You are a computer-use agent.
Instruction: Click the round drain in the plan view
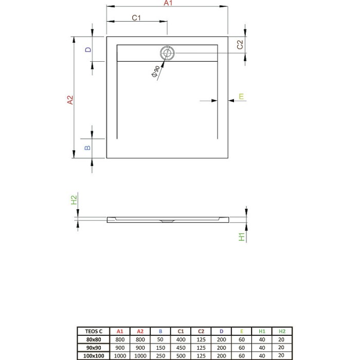167,53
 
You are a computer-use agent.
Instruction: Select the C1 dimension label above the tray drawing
136,17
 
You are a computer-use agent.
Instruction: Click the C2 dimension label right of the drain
240,45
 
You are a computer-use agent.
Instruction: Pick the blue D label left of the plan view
88,49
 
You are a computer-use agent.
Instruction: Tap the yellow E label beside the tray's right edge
241,96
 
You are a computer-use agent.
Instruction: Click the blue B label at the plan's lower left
87,147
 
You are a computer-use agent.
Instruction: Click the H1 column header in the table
261,331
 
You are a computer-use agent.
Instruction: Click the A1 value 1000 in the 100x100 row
119,355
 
